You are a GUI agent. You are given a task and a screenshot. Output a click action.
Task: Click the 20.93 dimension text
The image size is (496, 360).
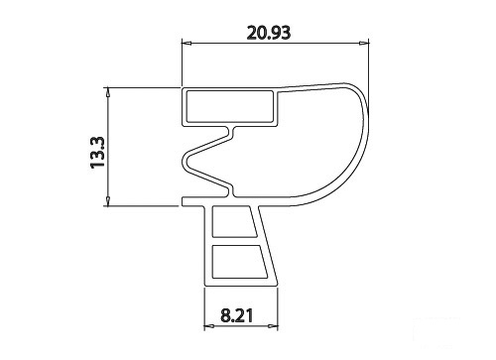(269, 33)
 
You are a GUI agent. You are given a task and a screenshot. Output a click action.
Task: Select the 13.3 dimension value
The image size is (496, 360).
(98, 153)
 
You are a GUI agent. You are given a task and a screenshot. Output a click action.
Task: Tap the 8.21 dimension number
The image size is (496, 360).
(237, 315)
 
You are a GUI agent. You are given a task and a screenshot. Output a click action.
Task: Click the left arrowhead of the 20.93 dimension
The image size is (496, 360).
(187, 43)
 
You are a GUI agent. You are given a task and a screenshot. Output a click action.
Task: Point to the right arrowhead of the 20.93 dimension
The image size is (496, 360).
(364, 43)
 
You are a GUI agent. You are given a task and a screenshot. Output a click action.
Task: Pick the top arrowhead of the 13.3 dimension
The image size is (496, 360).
(107, 92)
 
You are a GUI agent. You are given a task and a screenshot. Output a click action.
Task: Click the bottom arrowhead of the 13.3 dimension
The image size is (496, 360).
(107, 201)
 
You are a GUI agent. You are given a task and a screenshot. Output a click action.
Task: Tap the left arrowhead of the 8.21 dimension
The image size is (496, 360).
(209, 326)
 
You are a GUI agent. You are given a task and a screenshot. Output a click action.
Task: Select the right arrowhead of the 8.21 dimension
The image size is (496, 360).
(273, 326)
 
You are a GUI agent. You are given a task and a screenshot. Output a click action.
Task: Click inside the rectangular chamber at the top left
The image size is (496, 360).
(230, 106)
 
